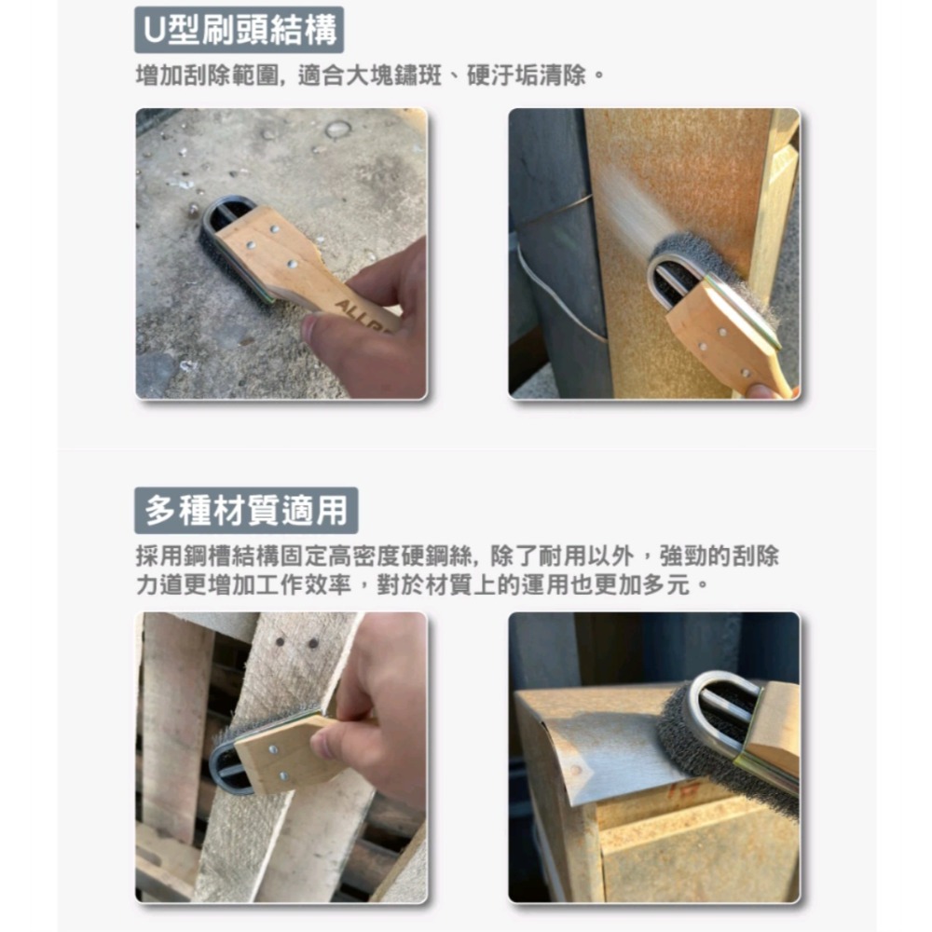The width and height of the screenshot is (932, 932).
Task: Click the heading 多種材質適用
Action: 246,510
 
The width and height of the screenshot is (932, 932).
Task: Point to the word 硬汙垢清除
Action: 527,75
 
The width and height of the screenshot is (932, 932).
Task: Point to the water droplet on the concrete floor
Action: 337,129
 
